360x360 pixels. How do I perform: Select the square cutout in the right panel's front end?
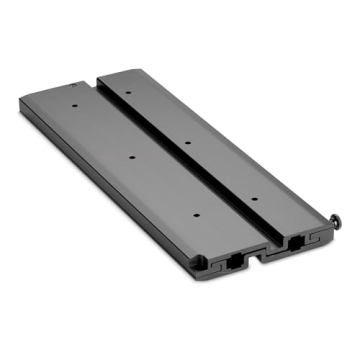coord(296,242)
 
